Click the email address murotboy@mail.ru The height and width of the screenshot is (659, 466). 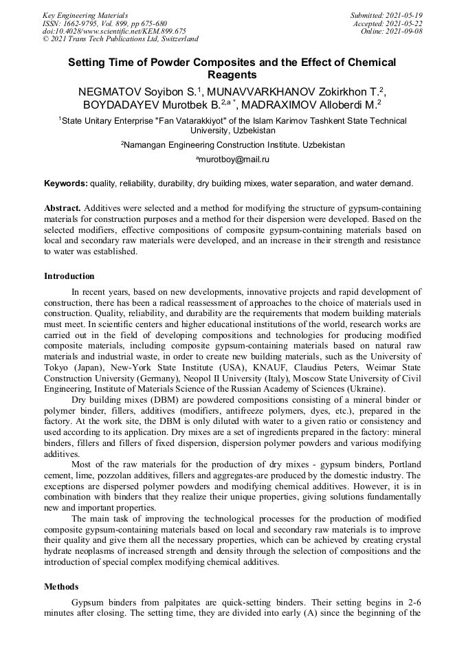click(234, 159)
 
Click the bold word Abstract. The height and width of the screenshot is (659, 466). click(63, 208)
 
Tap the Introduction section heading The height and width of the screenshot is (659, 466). click(69, 276)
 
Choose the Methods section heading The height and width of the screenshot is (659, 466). click(61, 587)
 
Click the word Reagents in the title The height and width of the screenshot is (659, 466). click(232, 75)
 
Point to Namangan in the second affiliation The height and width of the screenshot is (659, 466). click(146, 145)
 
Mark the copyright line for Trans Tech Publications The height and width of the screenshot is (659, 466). click(121, 39)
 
